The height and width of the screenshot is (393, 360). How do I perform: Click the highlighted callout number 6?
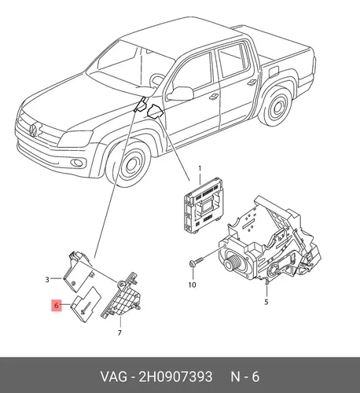click(x=57, y=305)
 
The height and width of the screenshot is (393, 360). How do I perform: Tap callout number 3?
click(x=47, y=280)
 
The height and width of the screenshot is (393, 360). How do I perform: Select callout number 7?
click(x=119, y=332)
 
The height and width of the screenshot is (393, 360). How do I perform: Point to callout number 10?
click(x=193, y=285)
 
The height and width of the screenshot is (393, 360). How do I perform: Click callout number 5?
click(x=266, y=302)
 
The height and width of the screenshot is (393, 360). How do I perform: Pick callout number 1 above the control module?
click(x=200, y=168)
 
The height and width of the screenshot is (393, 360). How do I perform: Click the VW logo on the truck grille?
click(x=33, y=130)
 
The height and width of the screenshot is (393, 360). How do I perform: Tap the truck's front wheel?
click(x=131, y=165)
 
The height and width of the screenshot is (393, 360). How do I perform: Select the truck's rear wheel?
click(x=277, y=106)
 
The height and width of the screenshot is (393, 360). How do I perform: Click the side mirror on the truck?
click(x=180, y=94)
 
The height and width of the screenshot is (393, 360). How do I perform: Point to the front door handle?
click(x=214, y=96)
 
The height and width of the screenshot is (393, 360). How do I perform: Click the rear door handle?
click(x=252, y=83)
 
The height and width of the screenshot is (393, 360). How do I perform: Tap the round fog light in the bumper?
click(x=78, y=163)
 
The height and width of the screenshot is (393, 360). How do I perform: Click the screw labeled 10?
click(x=197, y=262)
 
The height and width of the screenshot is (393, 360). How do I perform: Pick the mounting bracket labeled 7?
click(x=120, y=296)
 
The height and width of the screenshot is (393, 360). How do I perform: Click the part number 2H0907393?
click(x=175, y=376)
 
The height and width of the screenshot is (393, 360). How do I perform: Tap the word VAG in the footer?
click(x=114, y=376)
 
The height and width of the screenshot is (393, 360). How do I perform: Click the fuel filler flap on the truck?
click(x=274, y=72)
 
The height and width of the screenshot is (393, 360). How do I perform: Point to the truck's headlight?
click(x=75, y=138)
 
